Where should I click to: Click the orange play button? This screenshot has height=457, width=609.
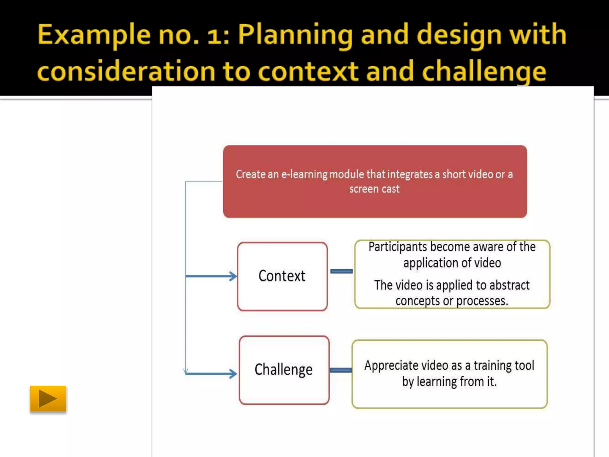48,399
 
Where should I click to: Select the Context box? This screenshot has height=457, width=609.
282,276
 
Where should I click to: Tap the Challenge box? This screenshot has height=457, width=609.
284,370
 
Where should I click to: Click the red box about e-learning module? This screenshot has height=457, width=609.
375,181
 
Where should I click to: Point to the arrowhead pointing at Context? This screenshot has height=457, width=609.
233,276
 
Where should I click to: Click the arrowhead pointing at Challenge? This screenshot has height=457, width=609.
233,373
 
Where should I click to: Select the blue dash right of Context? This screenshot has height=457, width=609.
341,271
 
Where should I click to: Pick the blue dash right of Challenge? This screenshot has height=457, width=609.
341,370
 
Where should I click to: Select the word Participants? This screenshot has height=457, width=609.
398,247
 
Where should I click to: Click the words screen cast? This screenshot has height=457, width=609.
374,189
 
